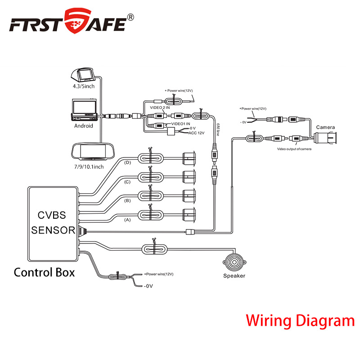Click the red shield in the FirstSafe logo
click(77, 21)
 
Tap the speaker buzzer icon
click(234, 262)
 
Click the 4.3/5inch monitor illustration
click(83, 75)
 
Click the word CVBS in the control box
click(52, 215)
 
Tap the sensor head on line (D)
click(189, 158)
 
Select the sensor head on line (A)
click(189, 215)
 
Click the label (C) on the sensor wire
click(127, 182)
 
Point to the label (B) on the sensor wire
click(127, 201)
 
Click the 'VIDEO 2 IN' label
click(160, 108)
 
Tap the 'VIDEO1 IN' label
click(181, 124)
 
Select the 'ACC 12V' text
click(196, 133)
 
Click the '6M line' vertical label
click(218, 129)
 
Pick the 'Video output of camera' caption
click(294, 149)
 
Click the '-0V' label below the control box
click(148, 286)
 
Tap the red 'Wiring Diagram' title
click(300, 320)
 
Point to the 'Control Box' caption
click(44, 273)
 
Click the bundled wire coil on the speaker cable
click(154, 249)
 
